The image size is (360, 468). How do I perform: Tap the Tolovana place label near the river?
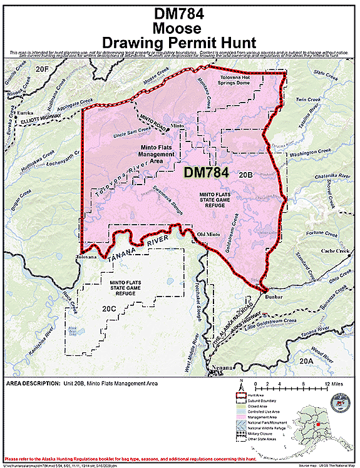(86, 257)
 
